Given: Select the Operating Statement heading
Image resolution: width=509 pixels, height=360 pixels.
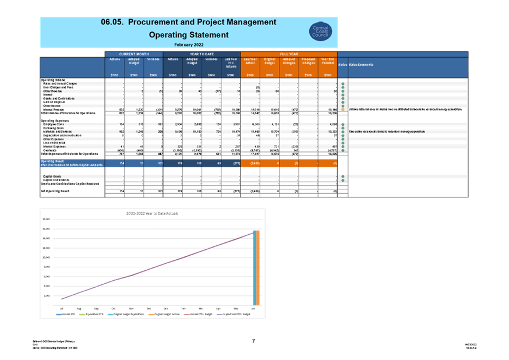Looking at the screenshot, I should point(188,35).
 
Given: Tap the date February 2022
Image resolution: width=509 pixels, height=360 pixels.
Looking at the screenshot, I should point(188,44).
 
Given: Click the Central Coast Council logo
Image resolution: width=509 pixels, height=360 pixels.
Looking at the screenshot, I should point(320,31).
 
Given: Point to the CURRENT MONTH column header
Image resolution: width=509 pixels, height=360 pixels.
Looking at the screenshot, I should point(134,54).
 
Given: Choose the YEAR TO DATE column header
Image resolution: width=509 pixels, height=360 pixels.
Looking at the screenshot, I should point(202,54).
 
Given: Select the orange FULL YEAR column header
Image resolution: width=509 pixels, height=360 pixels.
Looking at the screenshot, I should point(289,54).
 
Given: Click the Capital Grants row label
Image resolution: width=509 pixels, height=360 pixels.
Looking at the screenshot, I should point(52,176).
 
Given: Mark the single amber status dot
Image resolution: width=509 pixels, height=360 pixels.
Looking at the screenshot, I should point(343,109).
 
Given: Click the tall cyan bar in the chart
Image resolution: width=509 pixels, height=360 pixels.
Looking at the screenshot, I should point(255,268).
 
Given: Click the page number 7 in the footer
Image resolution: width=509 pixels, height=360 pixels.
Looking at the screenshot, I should point(253,341).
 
